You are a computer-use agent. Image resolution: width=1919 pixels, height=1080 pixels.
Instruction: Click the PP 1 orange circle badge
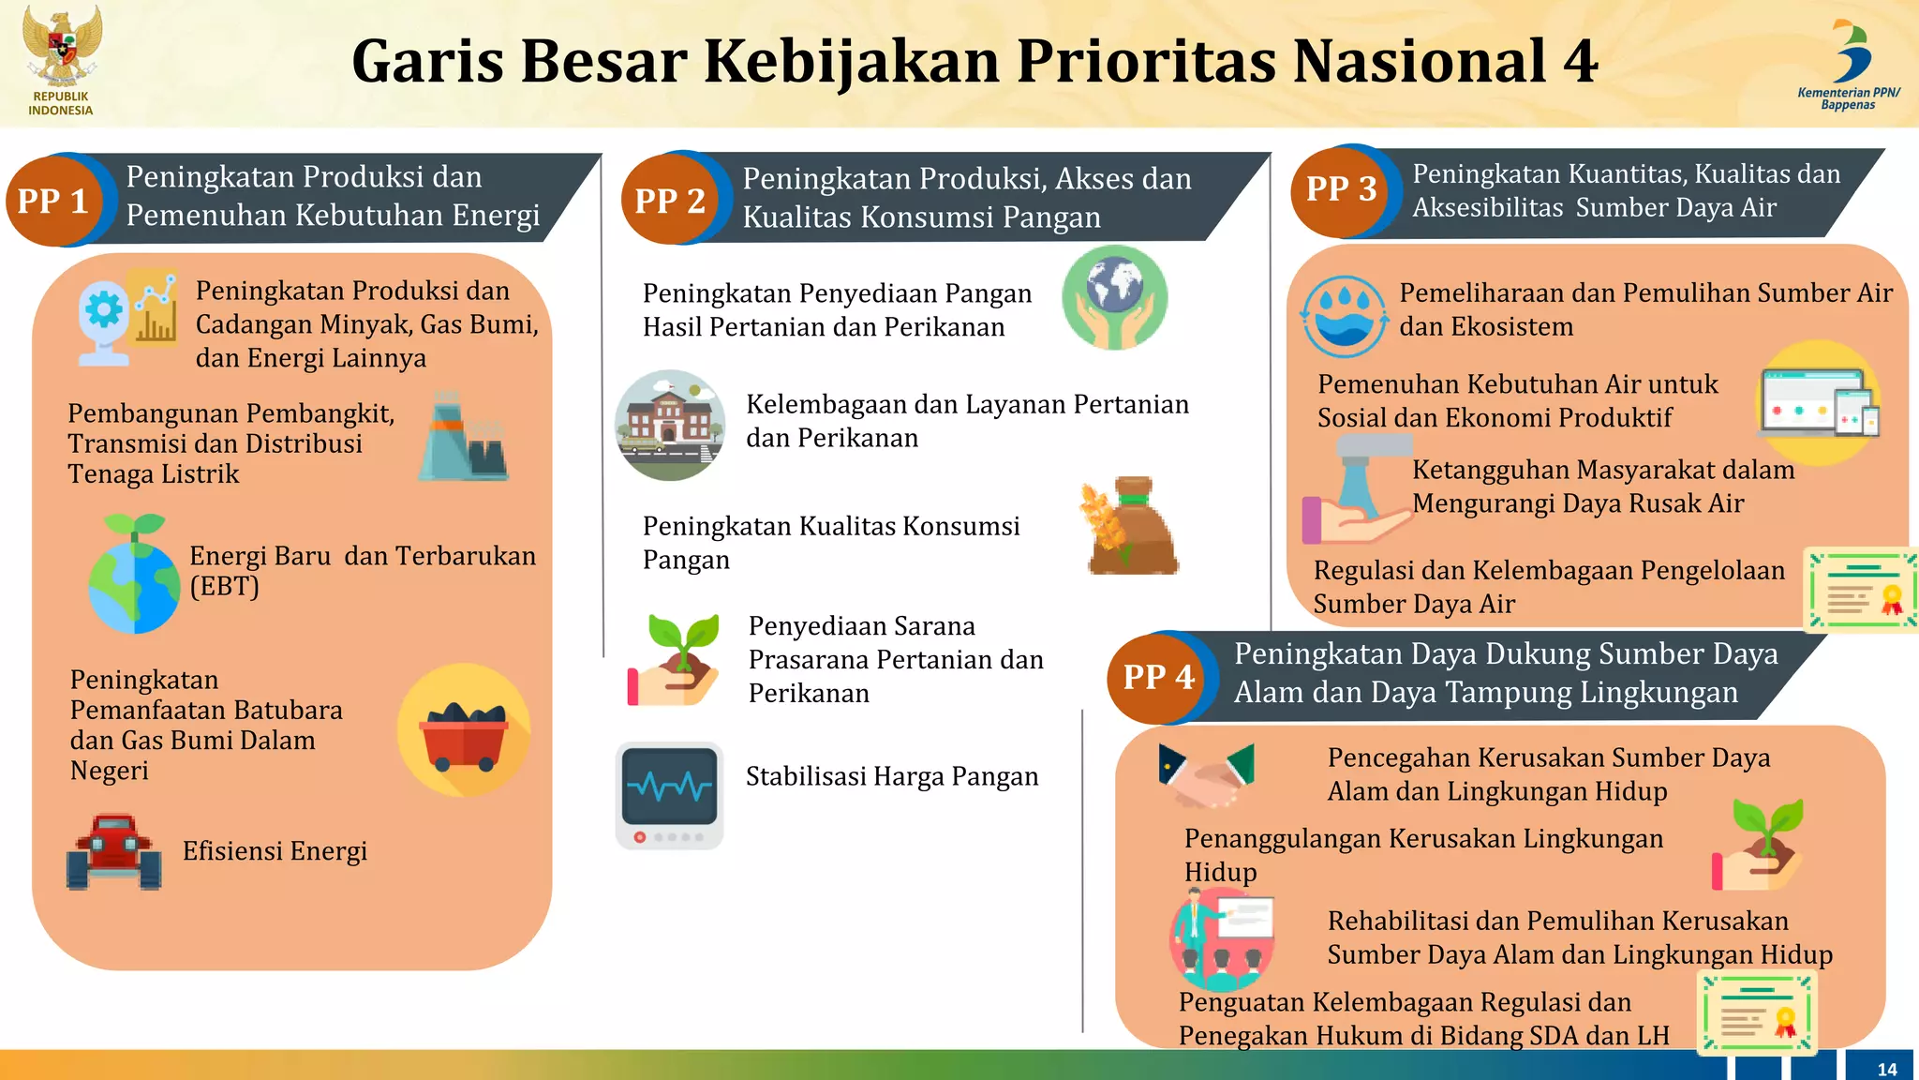(53, 200)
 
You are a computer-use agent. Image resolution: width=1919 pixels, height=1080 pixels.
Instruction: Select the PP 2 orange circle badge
(669, 200)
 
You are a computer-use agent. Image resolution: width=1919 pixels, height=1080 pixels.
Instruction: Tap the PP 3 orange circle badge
(1341, 189)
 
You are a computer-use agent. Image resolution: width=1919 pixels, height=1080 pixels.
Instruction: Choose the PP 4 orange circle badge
(1158, 676)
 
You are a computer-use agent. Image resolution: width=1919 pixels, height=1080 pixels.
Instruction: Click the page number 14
(1886, 1069)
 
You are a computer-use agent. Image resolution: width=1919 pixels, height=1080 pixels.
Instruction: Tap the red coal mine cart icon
(464, 731)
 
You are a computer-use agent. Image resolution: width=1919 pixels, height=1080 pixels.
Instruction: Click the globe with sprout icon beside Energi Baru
(134, 575)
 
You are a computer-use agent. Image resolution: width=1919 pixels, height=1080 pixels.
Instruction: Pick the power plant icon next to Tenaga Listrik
(463, 439)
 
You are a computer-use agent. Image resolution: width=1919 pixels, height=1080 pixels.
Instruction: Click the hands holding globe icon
(1114, 297)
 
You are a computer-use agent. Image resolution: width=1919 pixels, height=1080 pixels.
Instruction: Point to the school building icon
(669, 425)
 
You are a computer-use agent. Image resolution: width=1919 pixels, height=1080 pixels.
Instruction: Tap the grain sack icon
(1131, 527)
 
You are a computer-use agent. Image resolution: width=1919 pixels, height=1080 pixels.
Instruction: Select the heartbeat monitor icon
(669, 795)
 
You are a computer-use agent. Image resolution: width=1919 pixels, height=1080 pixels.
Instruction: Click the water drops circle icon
(1344, 316)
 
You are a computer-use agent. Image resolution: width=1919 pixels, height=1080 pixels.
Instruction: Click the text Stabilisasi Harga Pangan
(892, 776)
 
